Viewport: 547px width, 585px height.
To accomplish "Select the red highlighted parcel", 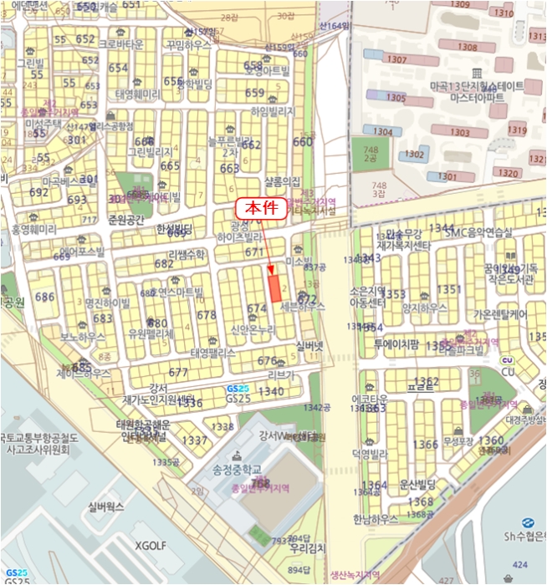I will click(274, 287).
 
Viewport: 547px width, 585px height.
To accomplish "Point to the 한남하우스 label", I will click(376, 518).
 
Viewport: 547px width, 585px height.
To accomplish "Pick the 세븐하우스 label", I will click(302, 307).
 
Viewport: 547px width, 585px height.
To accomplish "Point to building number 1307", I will click(397, 60).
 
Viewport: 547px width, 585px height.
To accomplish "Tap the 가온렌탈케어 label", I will click(500, 315).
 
